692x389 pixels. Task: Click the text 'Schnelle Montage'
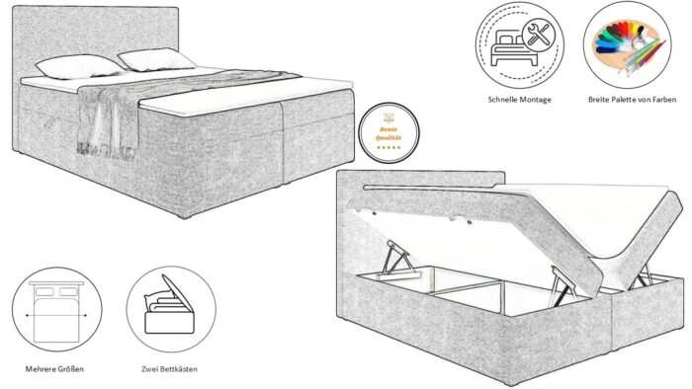(x=520, y=100)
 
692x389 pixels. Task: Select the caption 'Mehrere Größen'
(x=55, y=368)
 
